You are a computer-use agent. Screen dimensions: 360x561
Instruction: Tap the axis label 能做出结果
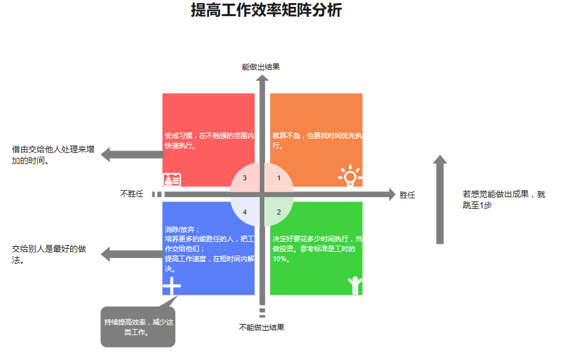261,67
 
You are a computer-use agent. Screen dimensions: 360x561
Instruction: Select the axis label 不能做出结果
261,327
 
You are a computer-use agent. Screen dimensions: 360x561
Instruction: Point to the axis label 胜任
407,195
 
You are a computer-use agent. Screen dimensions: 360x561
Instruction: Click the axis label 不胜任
131,194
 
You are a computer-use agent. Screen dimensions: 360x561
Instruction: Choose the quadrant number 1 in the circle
279,178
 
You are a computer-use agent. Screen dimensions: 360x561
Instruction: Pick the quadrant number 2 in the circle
279,212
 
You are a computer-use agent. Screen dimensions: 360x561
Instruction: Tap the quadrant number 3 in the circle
244,178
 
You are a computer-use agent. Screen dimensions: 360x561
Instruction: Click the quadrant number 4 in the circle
244,212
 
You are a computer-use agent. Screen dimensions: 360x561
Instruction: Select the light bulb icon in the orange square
350,176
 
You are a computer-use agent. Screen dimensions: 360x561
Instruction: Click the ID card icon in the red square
172,180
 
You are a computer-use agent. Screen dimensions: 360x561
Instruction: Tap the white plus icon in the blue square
172,286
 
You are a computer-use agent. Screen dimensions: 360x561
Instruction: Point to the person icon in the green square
355,285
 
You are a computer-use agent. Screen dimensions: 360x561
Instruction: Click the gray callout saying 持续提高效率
138,327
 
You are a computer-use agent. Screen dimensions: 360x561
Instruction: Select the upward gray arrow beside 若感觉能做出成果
440,199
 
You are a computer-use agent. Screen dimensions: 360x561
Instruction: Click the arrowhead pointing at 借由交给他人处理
106,155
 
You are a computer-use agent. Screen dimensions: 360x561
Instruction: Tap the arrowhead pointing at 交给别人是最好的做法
106,254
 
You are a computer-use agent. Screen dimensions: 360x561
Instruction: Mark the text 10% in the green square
280,259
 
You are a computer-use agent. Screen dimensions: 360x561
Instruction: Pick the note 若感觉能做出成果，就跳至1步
503,199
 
